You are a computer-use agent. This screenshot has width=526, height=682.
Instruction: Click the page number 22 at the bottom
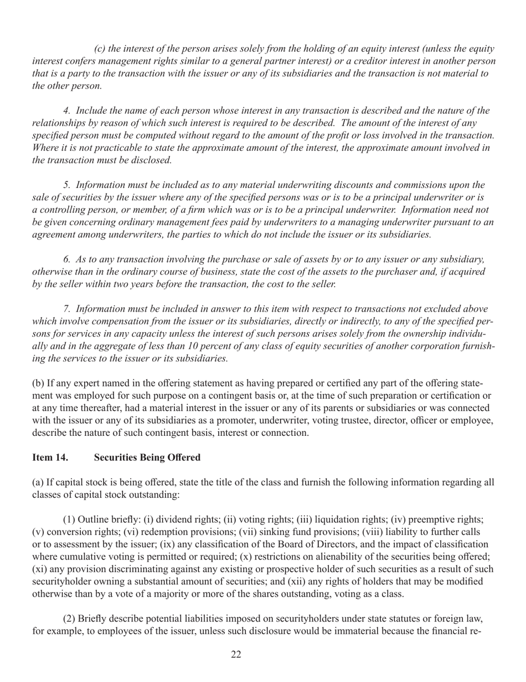point(236,655)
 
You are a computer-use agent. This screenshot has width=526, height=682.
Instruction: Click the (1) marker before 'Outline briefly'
point(68,520)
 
